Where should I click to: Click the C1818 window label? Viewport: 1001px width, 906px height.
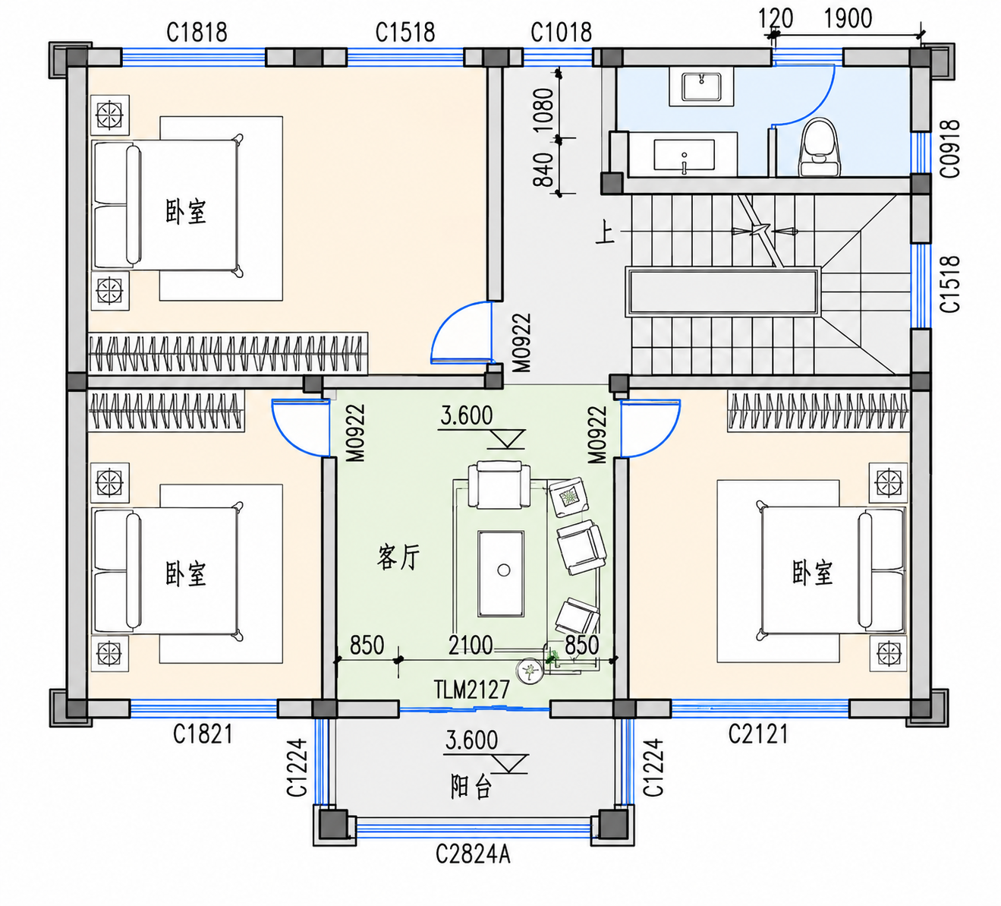point(197,33)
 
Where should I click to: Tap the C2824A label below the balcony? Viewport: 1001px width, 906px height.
point(473,854)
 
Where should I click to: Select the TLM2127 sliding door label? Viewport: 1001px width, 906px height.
point(471,690)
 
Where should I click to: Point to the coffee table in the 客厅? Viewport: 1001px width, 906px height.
point(501,574)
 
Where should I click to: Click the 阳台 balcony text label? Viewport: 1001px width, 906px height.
point(471,787)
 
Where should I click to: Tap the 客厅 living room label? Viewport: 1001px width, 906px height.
point(398,557)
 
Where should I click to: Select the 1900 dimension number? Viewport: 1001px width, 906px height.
point(848,19)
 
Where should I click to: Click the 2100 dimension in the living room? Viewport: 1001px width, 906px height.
point(471,646)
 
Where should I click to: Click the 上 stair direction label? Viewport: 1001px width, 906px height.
point(606,234)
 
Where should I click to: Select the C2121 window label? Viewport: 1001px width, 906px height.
point(758,734)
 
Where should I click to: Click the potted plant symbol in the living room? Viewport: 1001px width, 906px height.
point(529,671)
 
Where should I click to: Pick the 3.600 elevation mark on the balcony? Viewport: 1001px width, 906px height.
point(471,740)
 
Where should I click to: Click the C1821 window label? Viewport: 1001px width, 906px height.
point(203,734)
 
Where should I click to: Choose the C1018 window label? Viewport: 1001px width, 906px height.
point(561,33)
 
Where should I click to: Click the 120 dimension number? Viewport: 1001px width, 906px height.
point(776,19)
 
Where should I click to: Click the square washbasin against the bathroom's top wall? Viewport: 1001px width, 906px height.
point(701,87)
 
